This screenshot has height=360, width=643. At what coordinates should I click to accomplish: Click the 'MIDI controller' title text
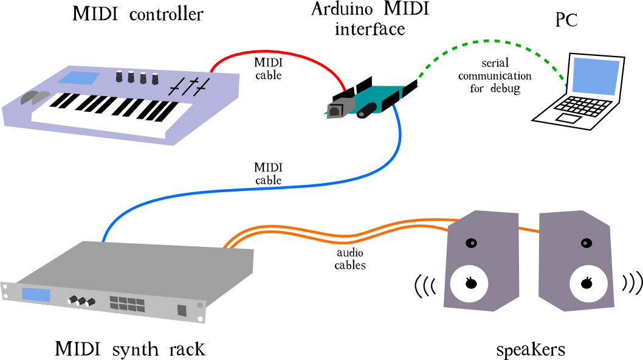[137, 14]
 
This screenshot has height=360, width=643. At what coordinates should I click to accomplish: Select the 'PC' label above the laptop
[566, 20]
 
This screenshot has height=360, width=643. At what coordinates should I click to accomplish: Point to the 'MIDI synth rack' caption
[130, 350]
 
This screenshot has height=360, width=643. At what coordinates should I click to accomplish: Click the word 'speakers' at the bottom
[531, 350]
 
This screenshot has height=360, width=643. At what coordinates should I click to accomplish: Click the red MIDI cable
[273, 53]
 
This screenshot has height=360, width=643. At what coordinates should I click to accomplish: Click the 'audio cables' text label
[350, 259]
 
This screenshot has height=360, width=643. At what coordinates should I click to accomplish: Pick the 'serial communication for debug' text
[495, 76]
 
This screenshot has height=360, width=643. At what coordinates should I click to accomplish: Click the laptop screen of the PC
[594, 75]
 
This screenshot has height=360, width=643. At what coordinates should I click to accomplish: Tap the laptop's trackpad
[569, 118]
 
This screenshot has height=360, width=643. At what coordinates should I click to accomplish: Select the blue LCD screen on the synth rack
[36, 294]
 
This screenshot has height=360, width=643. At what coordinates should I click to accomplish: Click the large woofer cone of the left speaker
[469, 283]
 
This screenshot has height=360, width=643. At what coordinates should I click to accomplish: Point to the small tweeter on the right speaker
[586, 243]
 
